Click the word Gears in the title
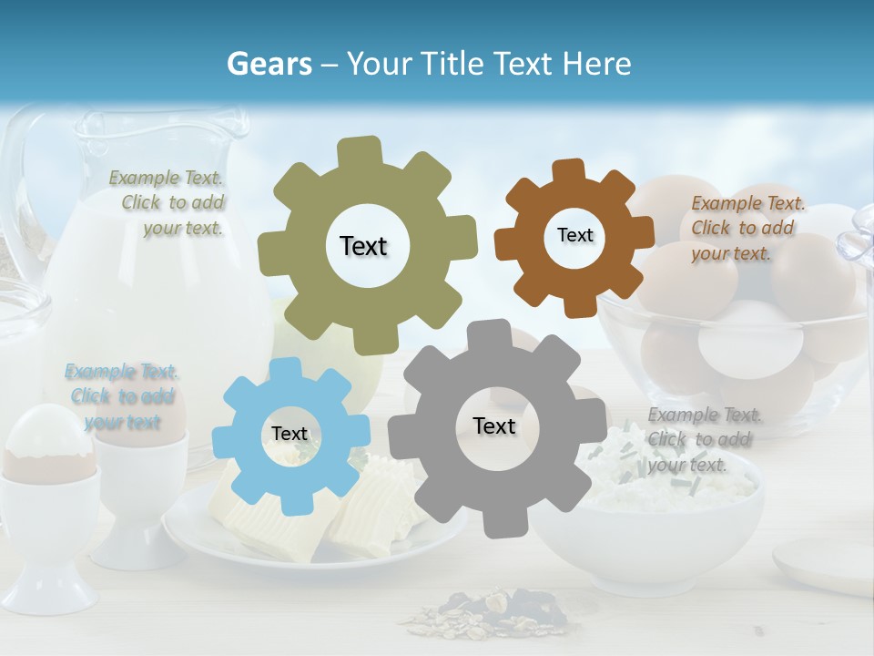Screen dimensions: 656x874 (x=269, y=64)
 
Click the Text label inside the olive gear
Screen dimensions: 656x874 (x=363, y=246)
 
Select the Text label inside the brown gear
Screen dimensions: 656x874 (x=574, y=235)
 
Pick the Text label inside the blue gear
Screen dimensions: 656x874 (x=290, y=434)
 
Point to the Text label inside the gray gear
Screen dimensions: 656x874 (x=494, y=425)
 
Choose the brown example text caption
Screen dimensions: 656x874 (x=746, y=228)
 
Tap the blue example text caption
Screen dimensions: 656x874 (x=122, y=396)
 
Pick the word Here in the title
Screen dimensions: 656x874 (x=597, y=64)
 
